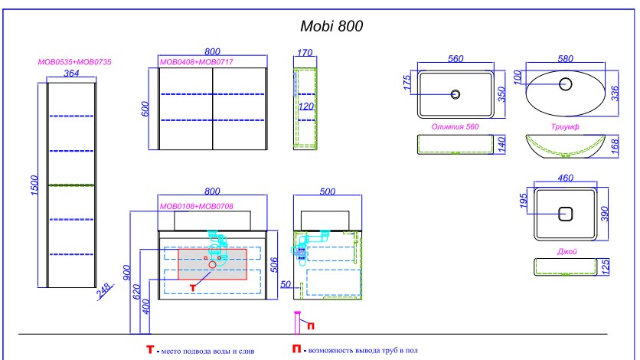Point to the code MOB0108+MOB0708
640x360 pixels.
coord(196,206)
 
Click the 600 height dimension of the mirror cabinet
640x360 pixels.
coord(146,109)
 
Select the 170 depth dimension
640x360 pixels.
coord(305,53)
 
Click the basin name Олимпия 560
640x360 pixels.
coord(456,127)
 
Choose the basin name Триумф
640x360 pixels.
coord(563,127)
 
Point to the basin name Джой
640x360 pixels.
coord(567,250)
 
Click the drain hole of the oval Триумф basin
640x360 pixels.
coord(567,85)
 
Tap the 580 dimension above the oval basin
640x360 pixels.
coord(567,58)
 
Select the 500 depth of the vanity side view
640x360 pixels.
coord(326,191)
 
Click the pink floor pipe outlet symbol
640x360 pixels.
coord(297,323)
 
